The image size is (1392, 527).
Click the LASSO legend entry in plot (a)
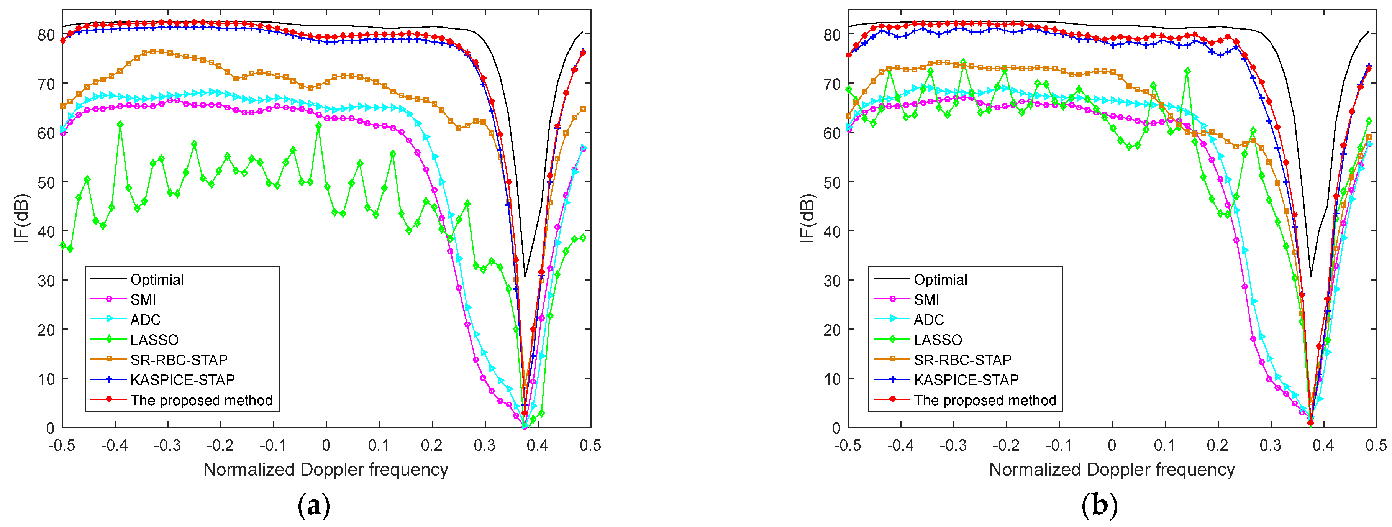(x=154, y=340)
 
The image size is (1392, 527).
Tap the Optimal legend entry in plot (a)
(x=157, y=279)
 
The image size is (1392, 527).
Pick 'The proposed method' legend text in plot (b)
(x=985, y=400)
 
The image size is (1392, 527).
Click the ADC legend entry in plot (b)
(x=928, y=320)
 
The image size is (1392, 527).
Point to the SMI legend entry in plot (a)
(x=143, y=299)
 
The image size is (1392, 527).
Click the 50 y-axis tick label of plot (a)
(x=46, y=182)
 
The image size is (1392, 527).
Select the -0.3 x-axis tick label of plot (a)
(x=167, y=445)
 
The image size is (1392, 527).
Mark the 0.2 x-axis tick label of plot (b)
(x=1217, y=445)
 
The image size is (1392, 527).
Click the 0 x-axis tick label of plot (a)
(x=326, y=445)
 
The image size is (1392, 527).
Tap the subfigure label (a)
(x=313, y=506)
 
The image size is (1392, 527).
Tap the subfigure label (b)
(x=1099, y=506)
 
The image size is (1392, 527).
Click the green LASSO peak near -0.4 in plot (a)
(x=120, y=124)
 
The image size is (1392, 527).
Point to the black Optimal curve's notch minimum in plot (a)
(x=525, y=277)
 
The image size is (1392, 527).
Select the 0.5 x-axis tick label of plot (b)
(x=1375, y=445)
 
